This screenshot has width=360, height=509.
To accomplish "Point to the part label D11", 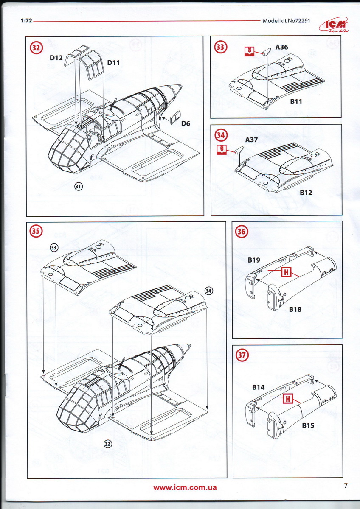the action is (114, 63).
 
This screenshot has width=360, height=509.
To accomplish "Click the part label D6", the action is (185, 123).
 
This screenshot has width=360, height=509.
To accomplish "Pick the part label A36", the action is (281, 47).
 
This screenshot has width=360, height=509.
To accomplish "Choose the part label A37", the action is (251, 140).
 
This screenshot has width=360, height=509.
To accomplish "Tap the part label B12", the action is (306, 193).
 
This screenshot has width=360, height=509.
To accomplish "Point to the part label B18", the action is (295, 309).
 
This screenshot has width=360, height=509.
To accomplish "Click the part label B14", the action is (258, 387).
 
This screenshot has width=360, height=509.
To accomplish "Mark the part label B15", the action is (308, 425).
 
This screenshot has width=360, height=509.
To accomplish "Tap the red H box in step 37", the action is (288, 398).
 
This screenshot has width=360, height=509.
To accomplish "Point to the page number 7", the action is (346, 486).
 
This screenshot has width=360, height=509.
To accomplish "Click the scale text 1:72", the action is (26, 20).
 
